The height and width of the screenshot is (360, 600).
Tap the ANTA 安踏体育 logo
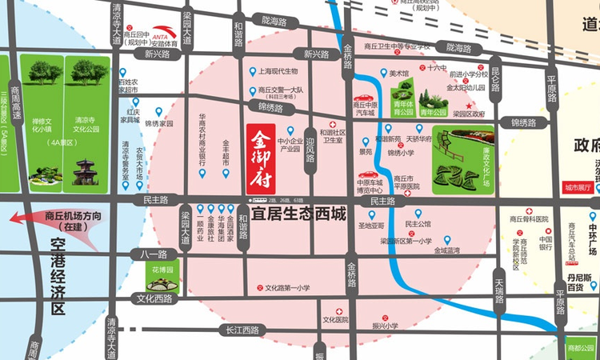coord(164,33)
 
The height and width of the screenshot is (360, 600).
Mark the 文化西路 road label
coord(154,298)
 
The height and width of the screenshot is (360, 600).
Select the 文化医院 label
coord(336,319)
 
